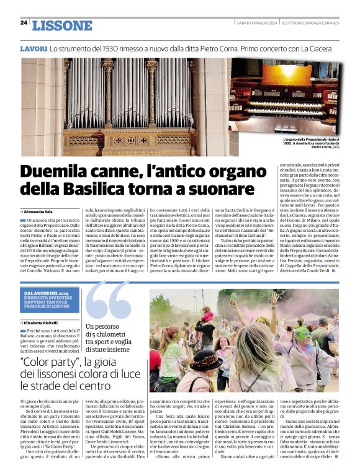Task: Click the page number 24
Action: point(24,22)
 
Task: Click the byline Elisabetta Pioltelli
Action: point(45,323)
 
